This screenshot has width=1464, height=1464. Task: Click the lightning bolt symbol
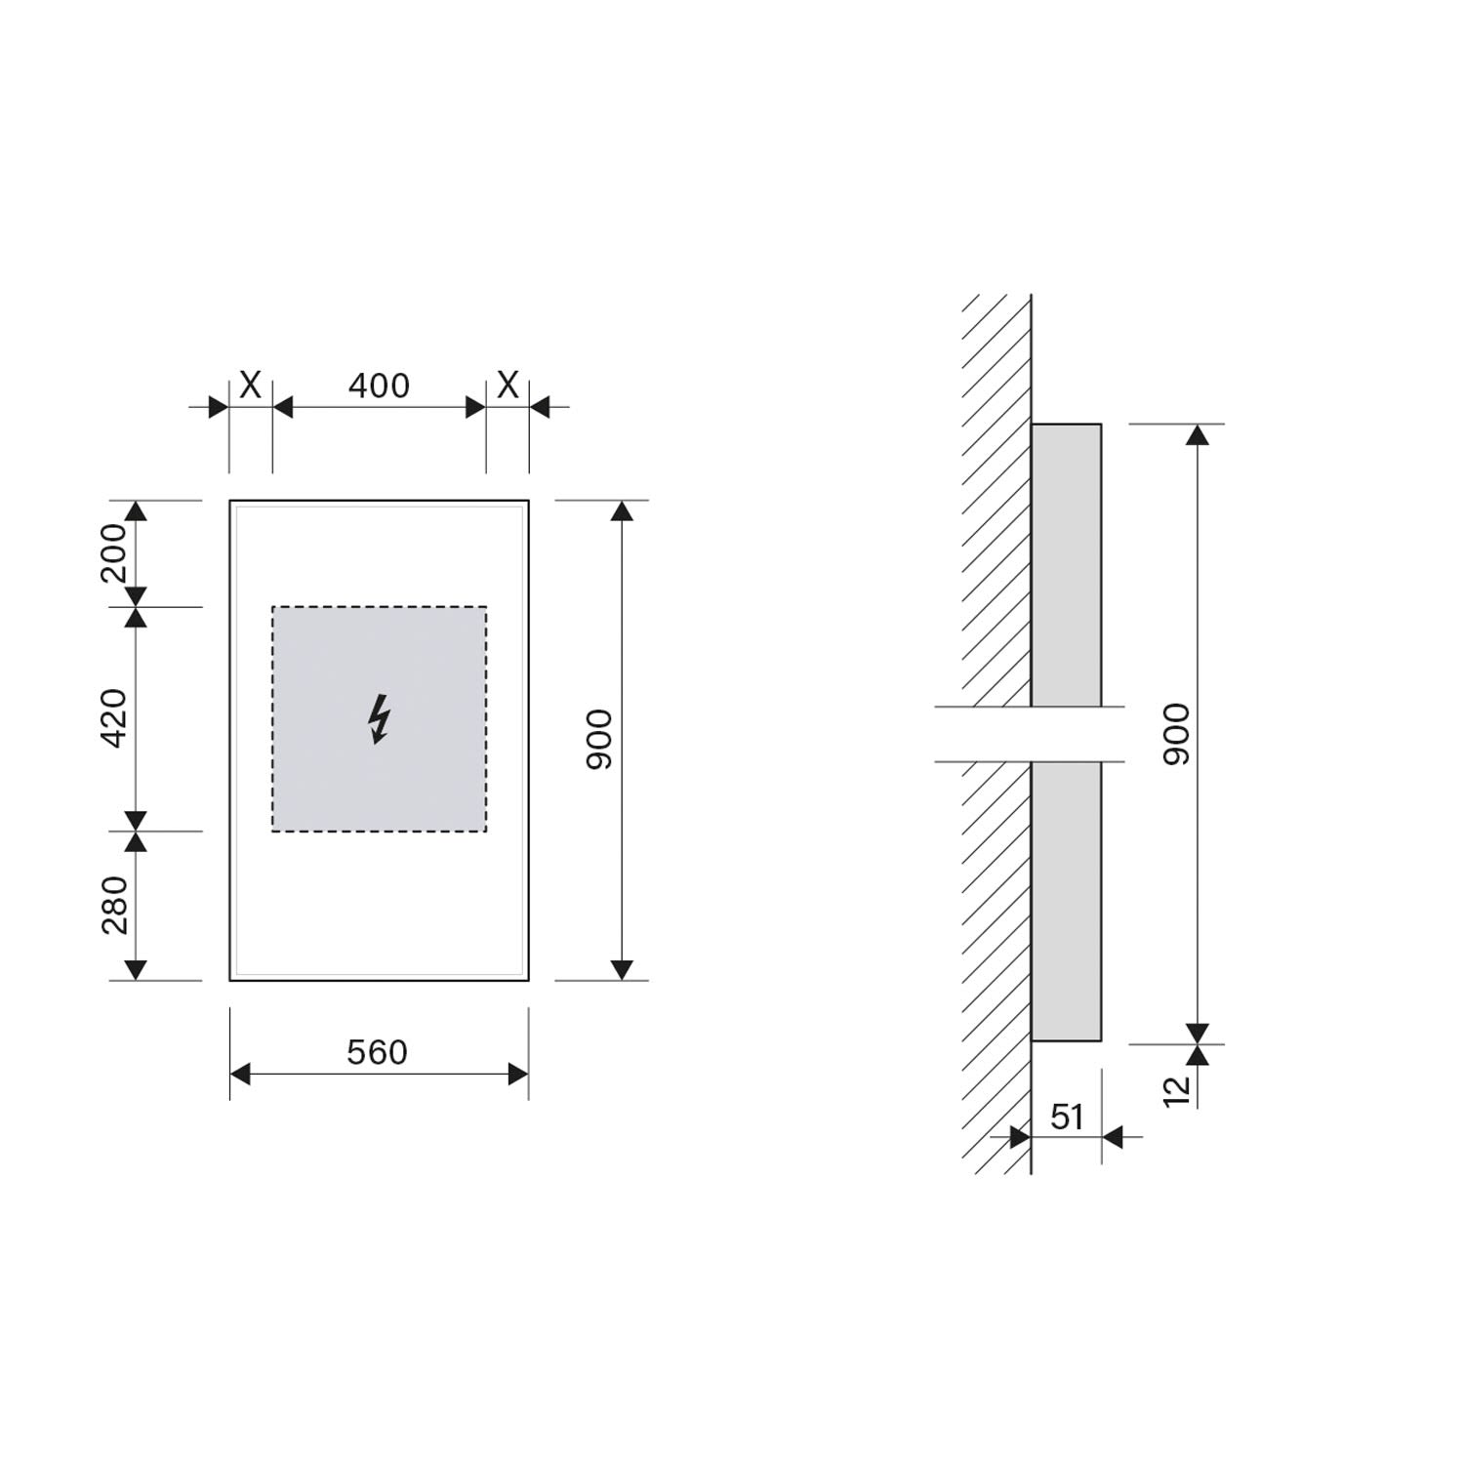click(x=379, y=719)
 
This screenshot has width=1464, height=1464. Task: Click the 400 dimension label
click(x=379, y=386)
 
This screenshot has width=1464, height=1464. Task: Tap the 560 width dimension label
click(x=377, y=1052)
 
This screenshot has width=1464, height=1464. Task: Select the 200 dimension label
click(x=114, y=552)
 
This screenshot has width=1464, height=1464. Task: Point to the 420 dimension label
click(x=114, y=718)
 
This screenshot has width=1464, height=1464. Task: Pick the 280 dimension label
click(x=114, y=905)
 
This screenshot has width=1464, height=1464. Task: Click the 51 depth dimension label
click(x=1067, y=1117)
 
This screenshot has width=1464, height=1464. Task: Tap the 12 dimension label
click(x=1178, y=1090)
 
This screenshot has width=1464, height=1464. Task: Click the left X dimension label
click(x=250, y=386)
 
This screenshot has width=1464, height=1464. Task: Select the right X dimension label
click(x=508, y=386)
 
